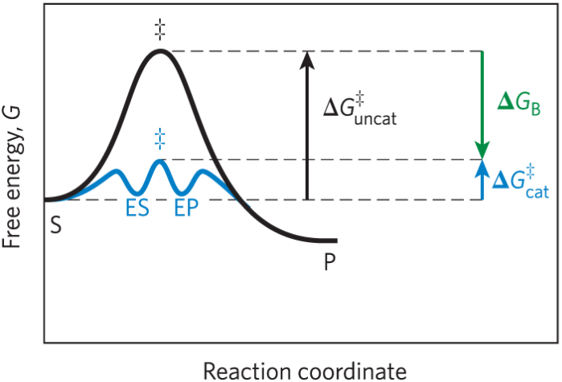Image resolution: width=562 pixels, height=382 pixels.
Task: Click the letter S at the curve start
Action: (x=55, y=225)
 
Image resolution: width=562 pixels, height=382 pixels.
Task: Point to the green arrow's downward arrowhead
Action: (x=482, y=152)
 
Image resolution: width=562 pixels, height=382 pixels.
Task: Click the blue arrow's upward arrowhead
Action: (x=482, y=166)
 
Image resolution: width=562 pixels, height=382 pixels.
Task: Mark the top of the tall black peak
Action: (x=160, y=52)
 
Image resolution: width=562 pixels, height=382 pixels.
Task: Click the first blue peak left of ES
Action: (x=116, y=171)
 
